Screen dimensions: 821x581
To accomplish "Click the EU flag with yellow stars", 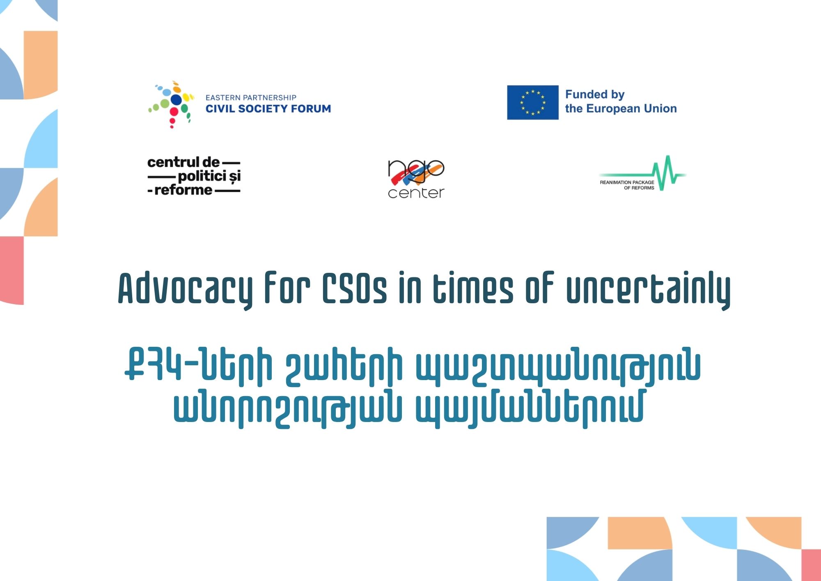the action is [532, 102].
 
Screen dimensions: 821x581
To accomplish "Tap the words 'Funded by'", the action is [595, 95].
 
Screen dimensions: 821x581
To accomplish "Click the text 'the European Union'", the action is [621, 108].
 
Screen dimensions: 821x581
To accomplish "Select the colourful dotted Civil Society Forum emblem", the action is [171, 104].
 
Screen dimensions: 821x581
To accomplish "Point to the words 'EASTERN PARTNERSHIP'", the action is [251, 97].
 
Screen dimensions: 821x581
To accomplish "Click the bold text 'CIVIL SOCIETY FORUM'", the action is [268, 108].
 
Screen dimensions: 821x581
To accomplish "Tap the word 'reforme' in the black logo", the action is [183, 190].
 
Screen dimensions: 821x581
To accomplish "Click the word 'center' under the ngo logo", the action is [416, 193].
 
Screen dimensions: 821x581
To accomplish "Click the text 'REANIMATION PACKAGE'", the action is [627, 182].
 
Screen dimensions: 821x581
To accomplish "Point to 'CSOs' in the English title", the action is [354, 288].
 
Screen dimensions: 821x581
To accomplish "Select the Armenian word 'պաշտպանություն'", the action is [558, 365].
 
